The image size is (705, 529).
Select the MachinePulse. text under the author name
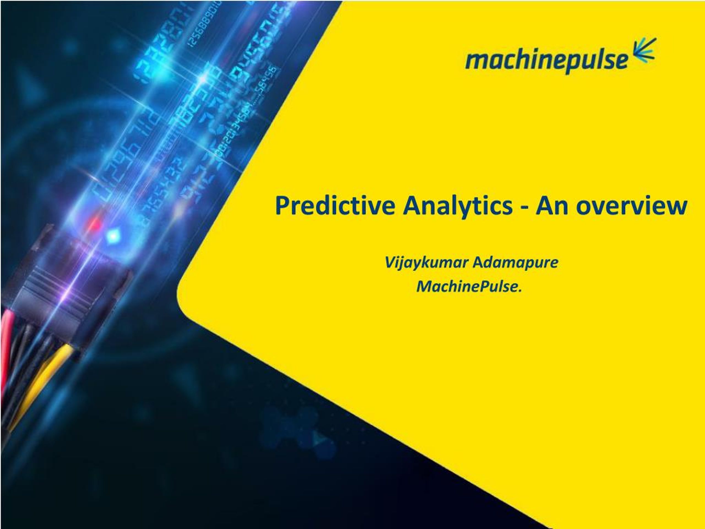pos(469,286)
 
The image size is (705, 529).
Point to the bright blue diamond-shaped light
pos(113,236)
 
